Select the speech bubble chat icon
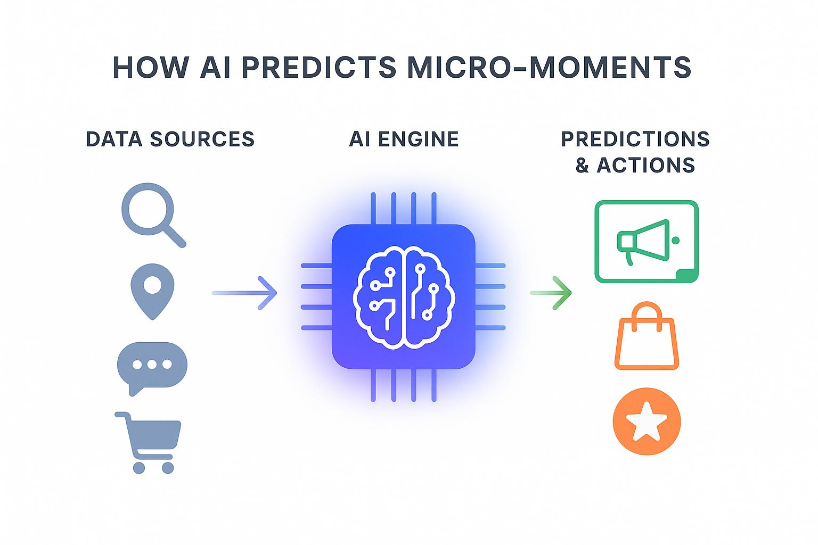coord(152,366)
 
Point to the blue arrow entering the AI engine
coord(245,293)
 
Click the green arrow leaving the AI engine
coord(552,292)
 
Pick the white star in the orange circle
coord(647,421)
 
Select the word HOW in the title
coord(151,68)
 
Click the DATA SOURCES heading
coord(170,139)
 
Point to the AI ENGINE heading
coord(404,139)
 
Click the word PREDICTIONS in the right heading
coord(635,139)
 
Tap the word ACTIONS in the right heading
coord(645,165)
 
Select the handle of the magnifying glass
coord(174,235)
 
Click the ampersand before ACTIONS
coord(582,166)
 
